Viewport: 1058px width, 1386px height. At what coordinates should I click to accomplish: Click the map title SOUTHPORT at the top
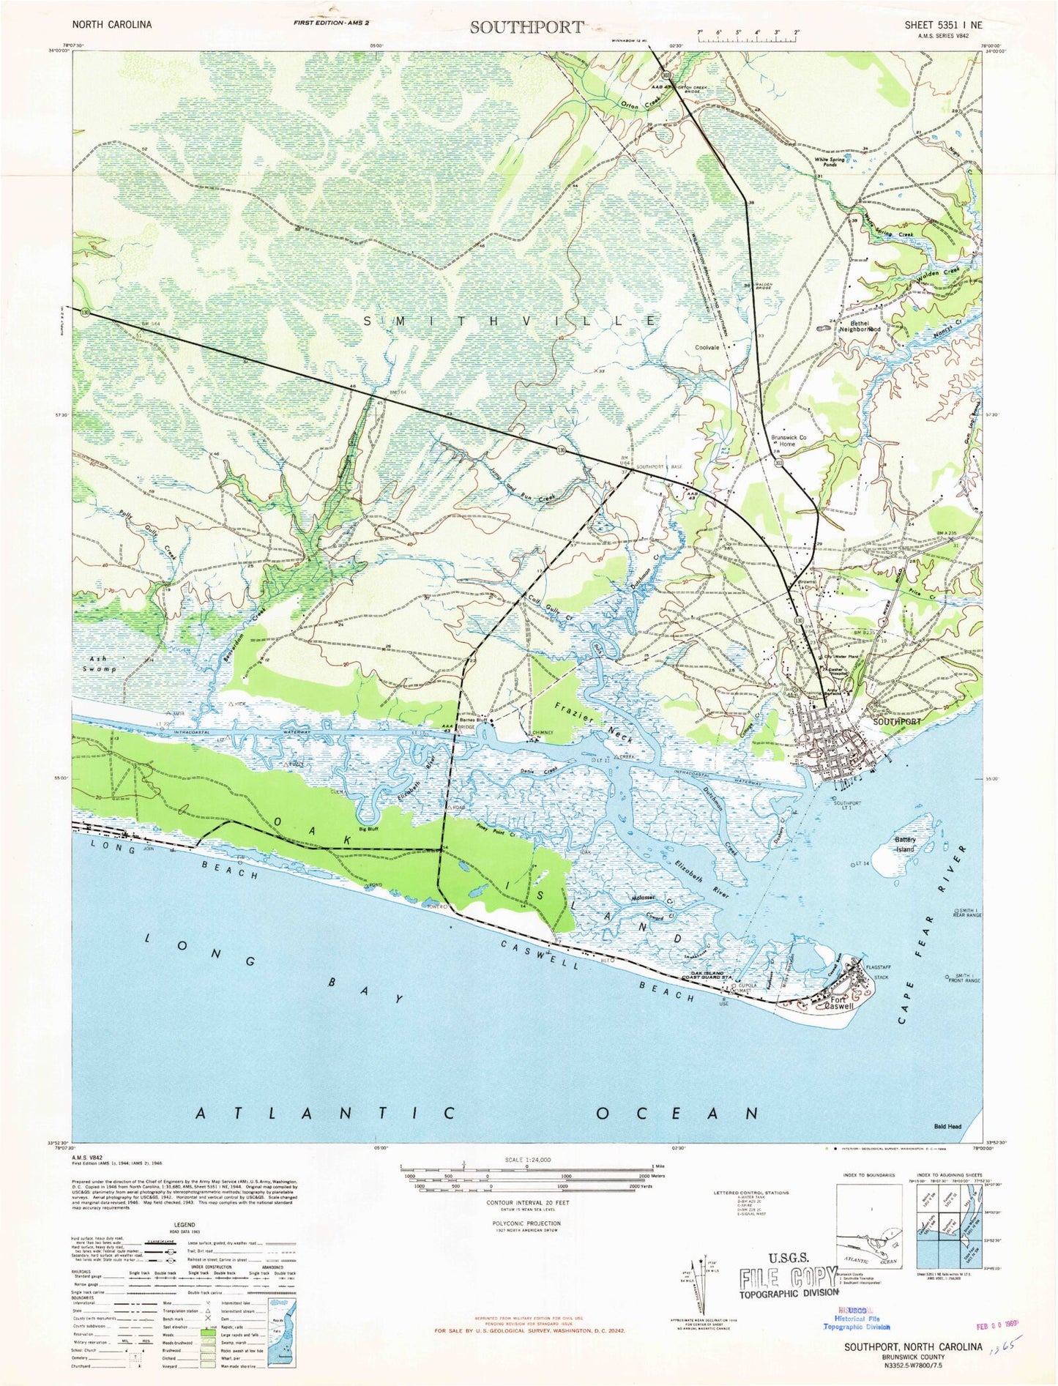coord(526,27)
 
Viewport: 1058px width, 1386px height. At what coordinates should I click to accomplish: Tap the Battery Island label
coord(905,844)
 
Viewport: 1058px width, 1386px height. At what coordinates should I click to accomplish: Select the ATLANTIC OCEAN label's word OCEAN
coord(677,1114)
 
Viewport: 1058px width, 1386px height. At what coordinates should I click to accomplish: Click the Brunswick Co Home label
coord(788,441)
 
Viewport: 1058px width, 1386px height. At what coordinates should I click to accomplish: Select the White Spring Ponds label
coord(830,162)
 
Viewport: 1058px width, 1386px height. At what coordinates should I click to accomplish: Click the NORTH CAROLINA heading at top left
coord(112,25)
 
